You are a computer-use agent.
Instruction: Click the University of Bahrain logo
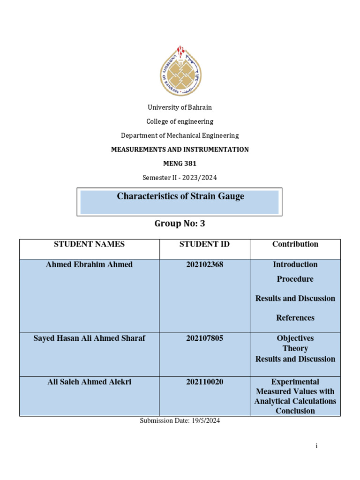click(x=180, y=71)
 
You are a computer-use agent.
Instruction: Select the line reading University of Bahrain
click(x=180, y=107)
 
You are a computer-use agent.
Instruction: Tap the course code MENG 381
click(x=180, y=164)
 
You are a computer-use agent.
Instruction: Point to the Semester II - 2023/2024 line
click(x=180, y=178)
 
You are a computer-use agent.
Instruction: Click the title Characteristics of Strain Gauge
click(x=180, y=196)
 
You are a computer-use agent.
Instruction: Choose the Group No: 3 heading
click(x=180, y=224)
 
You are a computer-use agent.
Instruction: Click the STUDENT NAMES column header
click(x=89, y=244)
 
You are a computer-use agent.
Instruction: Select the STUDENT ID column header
click(x=204, y=244)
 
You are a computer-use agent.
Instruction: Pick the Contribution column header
click(x=295, y=244)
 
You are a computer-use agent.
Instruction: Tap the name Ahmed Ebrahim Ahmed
click(x=89, y=265)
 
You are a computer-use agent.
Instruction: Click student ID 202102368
click(x=204, y=265)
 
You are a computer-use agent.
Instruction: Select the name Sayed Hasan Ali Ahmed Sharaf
click(x=89, y=338)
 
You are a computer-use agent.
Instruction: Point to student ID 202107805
click(x=204, y=338)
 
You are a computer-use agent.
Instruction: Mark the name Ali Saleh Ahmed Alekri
click(x=89, y=382)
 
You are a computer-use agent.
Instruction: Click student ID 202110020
click(x=204, y=382)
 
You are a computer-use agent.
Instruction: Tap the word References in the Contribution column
click(x=295, y=318)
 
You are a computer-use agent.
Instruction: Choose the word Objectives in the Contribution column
click(x=295, y=338)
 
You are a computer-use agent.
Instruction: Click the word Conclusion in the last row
click(x=295, y=411)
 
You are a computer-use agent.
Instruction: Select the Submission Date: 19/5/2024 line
click(x=180, y=421)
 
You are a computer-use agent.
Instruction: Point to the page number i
click(x=317, y=446)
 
